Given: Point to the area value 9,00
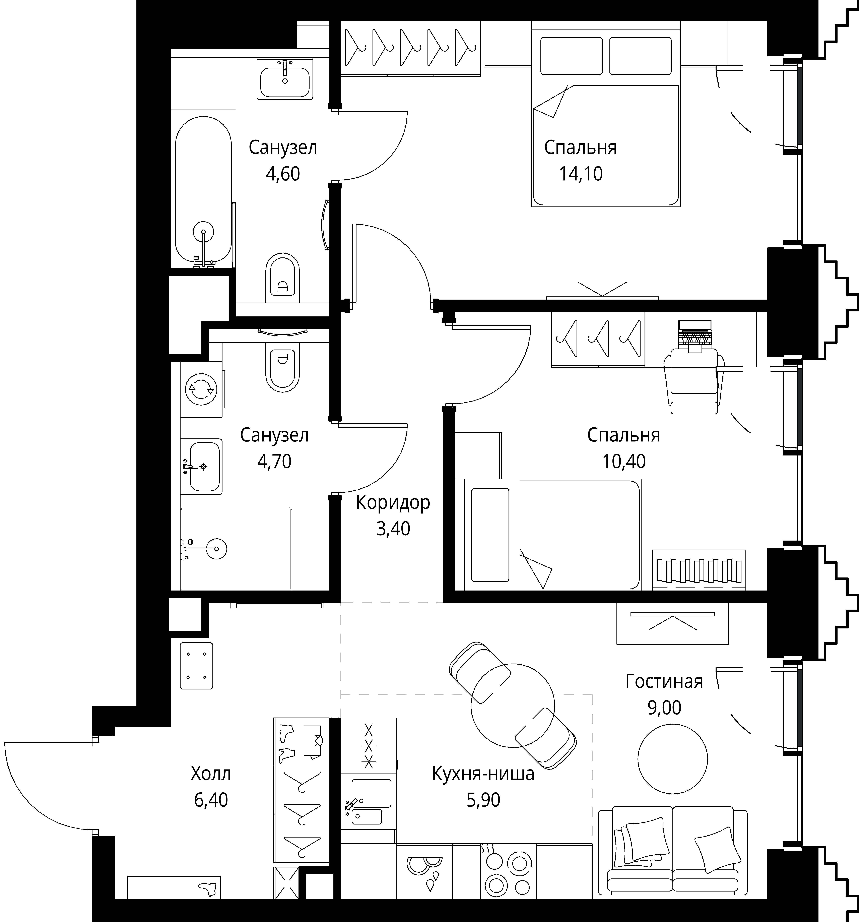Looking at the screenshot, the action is point(664,708).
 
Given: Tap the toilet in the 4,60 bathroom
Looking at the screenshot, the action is point(282,278).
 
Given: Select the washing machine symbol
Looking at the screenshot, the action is point(201,389).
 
